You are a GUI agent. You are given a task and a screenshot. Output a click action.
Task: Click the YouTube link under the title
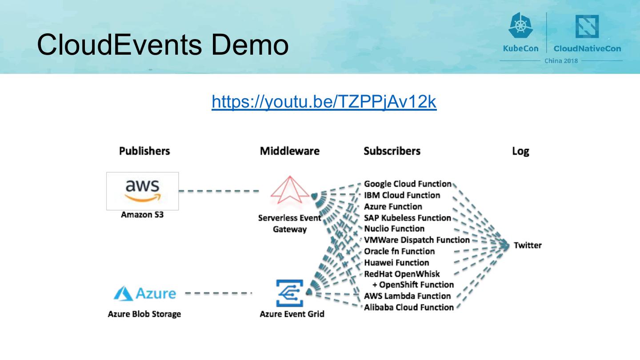click(x=324, y=102)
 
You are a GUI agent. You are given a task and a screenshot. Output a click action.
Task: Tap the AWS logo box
click(x=142, y=191)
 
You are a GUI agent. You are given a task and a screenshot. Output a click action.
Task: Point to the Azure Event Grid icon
click(x=290, y=293)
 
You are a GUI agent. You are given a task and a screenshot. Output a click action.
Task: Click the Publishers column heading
click(x=144, y=151)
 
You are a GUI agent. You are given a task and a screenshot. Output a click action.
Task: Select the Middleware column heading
click(x=290, y=151)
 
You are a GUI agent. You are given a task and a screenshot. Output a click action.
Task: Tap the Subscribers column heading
click(x=392, y=151)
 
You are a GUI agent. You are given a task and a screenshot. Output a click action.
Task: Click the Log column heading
click(x=520, y=151)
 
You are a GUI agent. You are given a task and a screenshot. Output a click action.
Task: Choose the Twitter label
click(x=528, y=245)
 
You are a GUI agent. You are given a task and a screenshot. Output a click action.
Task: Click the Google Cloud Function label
click(x=408, y=184)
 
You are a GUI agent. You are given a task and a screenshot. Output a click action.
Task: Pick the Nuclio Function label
click(x=394, y=229)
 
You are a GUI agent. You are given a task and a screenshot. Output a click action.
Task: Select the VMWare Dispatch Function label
click(x=417, y=240)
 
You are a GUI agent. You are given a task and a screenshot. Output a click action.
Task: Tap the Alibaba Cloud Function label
click(x=409, y=307)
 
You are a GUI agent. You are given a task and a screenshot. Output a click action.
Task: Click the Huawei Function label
click(x=396, y=263)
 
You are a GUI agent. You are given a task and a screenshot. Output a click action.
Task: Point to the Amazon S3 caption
click(x=142, y=215)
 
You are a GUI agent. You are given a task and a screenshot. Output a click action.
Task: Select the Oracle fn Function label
click(x=399, y=251)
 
